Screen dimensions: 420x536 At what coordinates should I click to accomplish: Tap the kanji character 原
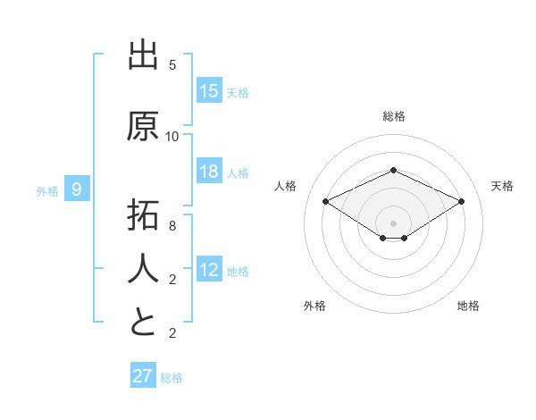coord(143,126)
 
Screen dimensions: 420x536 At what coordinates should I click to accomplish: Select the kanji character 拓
coord(143,217)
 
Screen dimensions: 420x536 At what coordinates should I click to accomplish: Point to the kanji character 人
coord(143,268)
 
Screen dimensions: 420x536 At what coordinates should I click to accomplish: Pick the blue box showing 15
coord(209,91)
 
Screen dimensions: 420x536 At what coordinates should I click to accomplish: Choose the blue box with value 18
coord(209,172)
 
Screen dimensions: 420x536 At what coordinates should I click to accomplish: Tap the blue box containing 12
coord(209,270)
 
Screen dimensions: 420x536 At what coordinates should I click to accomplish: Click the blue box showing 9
coord(78,189)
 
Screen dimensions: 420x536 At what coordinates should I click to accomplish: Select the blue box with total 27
coord(143,376)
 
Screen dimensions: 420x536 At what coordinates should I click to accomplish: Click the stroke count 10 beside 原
coord(172,136)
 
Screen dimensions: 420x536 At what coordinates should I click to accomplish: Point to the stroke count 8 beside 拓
coord(172,226)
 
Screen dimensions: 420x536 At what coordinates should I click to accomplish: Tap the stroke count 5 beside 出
coord(172,65)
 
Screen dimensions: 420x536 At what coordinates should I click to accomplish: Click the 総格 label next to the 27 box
coord(172,377)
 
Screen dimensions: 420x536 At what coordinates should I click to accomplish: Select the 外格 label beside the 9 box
coord(47,190)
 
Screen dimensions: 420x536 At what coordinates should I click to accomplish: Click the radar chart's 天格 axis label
coord(502,186)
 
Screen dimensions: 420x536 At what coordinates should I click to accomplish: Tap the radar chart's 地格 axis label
coord(468,306)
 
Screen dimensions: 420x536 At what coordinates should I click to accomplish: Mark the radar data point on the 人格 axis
coord(326,202)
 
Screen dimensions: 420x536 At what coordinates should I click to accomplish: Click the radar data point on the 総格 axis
coord(393,169)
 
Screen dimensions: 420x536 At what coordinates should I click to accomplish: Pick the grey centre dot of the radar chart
coord(393,223)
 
